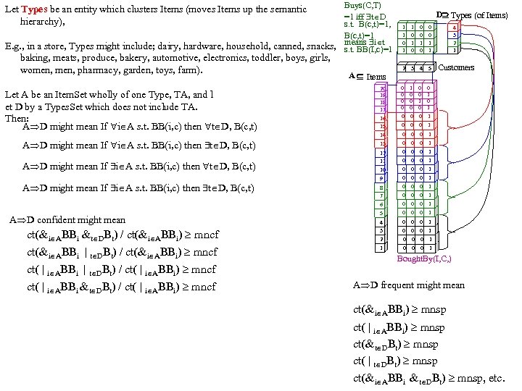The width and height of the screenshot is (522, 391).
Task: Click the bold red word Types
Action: coord(36,10)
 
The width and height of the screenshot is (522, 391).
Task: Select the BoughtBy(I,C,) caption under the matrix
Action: coord(425,258)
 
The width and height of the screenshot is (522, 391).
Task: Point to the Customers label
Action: coord(457,67)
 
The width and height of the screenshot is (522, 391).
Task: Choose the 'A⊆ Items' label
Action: coord(368,76)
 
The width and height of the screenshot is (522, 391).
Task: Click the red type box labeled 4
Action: coord(454,28)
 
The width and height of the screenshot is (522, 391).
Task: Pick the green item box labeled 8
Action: coord(381,188)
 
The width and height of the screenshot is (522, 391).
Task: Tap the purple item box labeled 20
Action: coord(383,88)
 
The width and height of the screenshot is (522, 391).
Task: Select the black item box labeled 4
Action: coord(381,222)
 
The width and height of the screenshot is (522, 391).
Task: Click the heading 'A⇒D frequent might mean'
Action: coord(408,285)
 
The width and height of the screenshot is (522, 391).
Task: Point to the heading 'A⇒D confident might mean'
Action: coord(67,219)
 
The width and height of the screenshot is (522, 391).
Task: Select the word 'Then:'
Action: coord(16,117)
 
